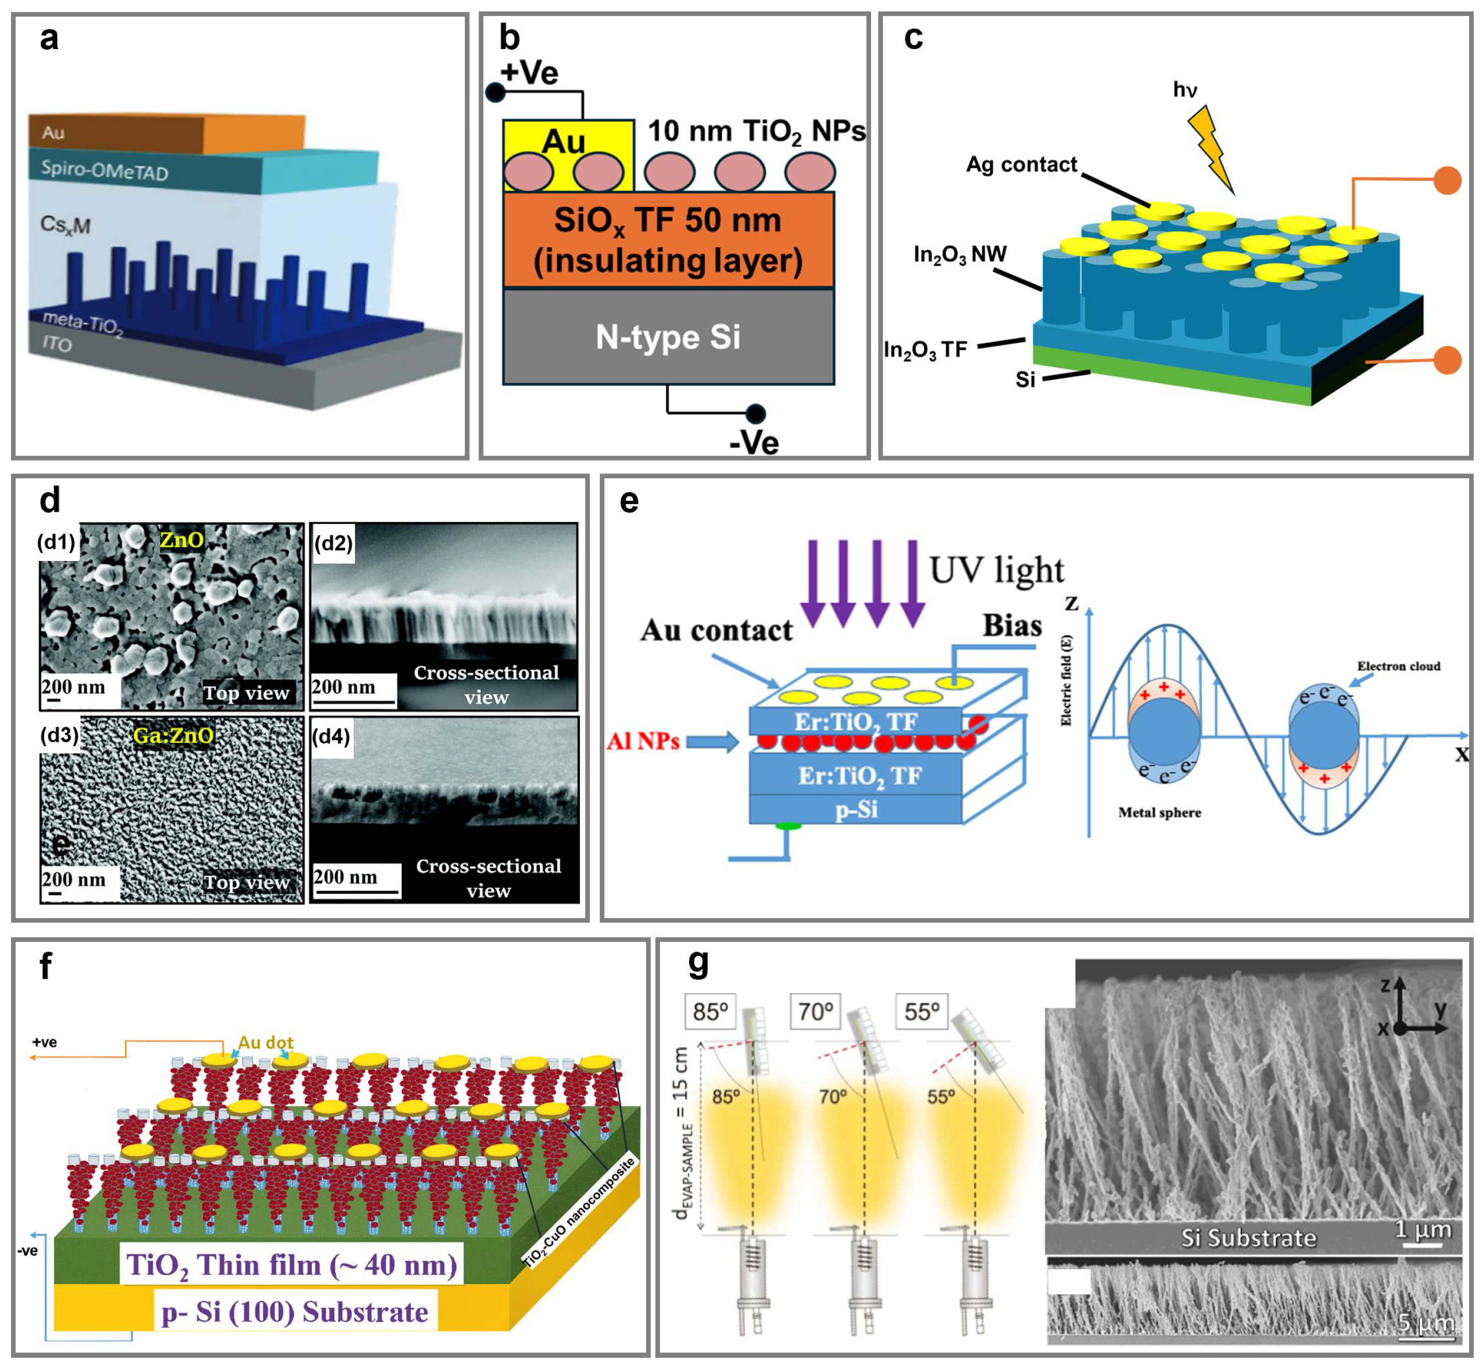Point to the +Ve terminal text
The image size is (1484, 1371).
tap(529, 73)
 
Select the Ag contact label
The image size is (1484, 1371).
tap(1020, 165)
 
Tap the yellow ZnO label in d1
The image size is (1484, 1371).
tap(182, 539)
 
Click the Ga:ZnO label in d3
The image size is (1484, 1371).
tap(173, 735)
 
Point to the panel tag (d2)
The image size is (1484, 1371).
tap(333, 543)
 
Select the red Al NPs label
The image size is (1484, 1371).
tap(643, 741)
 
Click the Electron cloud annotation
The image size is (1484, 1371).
tap(1398, 666)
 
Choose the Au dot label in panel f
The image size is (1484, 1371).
tap(266, 1043)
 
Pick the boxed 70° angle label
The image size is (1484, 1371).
tap(815, 1011)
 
